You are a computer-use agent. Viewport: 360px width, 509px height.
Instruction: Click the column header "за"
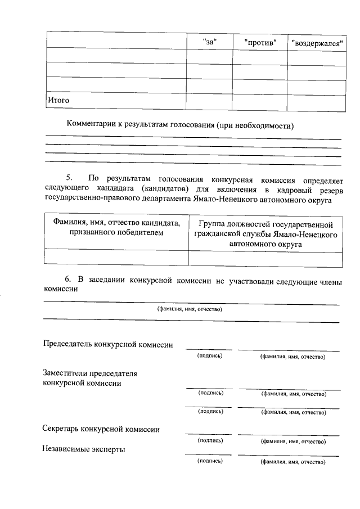tap(209, 42)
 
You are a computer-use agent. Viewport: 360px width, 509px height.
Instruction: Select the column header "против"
tap(260, 42)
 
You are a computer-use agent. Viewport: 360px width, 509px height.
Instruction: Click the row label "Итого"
tap(58, 100)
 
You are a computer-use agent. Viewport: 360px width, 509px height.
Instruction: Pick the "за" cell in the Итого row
tap(209, 101)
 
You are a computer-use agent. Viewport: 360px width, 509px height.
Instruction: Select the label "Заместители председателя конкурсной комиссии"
tap(90, 378)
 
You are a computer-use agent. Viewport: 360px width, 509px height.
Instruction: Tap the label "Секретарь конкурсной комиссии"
tap(101, 429)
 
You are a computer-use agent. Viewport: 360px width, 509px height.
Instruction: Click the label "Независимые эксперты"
tap(84, 449)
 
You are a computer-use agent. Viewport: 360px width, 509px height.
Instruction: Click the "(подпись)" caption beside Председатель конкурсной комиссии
tap(209, 356)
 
